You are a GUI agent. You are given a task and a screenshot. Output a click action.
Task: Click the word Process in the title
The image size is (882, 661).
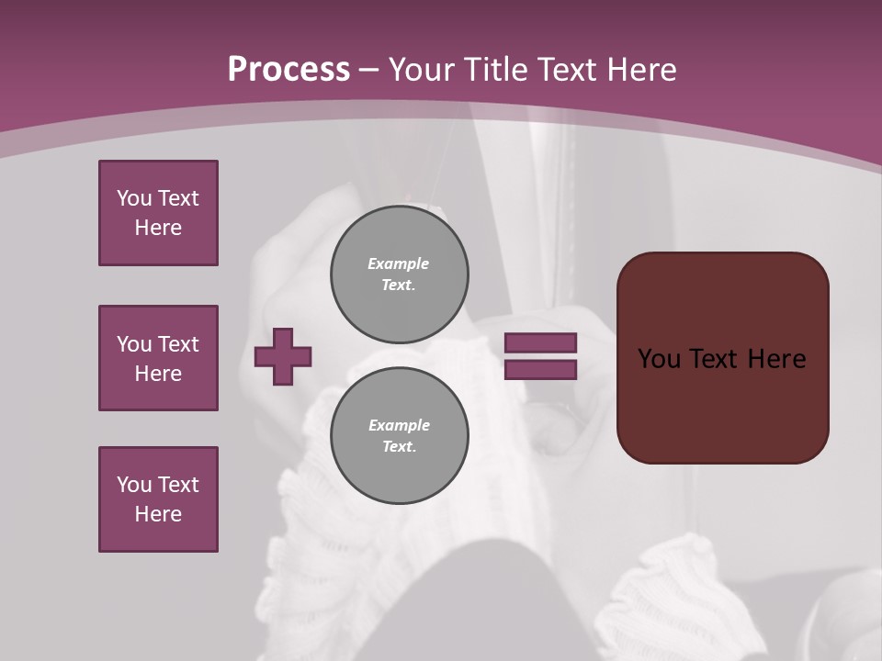(x=288, y=70)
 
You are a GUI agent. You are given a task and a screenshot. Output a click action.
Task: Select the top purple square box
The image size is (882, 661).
(x=158, y=213)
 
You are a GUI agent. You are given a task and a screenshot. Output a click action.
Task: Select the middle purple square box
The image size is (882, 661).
(x=158, y=358)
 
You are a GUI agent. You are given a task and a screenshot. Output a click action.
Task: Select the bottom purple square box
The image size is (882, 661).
(x=158, y=499)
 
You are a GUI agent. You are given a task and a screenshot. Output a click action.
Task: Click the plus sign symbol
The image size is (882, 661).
(x=283, y=356)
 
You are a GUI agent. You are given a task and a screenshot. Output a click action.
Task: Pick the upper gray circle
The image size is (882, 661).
(x=400, y=274)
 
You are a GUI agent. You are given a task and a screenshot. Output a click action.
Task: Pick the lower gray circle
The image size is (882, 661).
(x=400, y=436)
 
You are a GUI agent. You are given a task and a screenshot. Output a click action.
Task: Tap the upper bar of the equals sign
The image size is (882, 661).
(x=540, y=342)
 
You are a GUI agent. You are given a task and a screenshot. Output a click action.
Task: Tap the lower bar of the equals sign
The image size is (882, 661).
(x=540, y=370)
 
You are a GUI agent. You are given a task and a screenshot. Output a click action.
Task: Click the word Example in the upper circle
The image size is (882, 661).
(x=398, y=263)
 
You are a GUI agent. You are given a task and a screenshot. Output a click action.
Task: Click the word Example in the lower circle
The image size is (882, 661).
(x=399, y=425)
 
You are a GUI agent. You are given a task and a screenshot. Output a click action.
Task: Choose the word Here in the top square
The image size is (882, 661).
(x=158, y=228)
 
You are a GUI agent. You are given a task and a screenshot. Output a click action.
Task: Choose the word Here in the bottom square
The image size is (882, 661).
(x=158, y=514)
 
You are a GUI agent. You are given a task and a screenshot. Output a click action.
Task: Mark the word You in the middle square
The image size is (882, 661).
(x=133, y=344)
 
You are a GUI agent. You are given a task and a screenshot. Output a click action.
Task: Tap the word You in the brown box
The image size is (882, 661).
(x=659, y=359)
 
